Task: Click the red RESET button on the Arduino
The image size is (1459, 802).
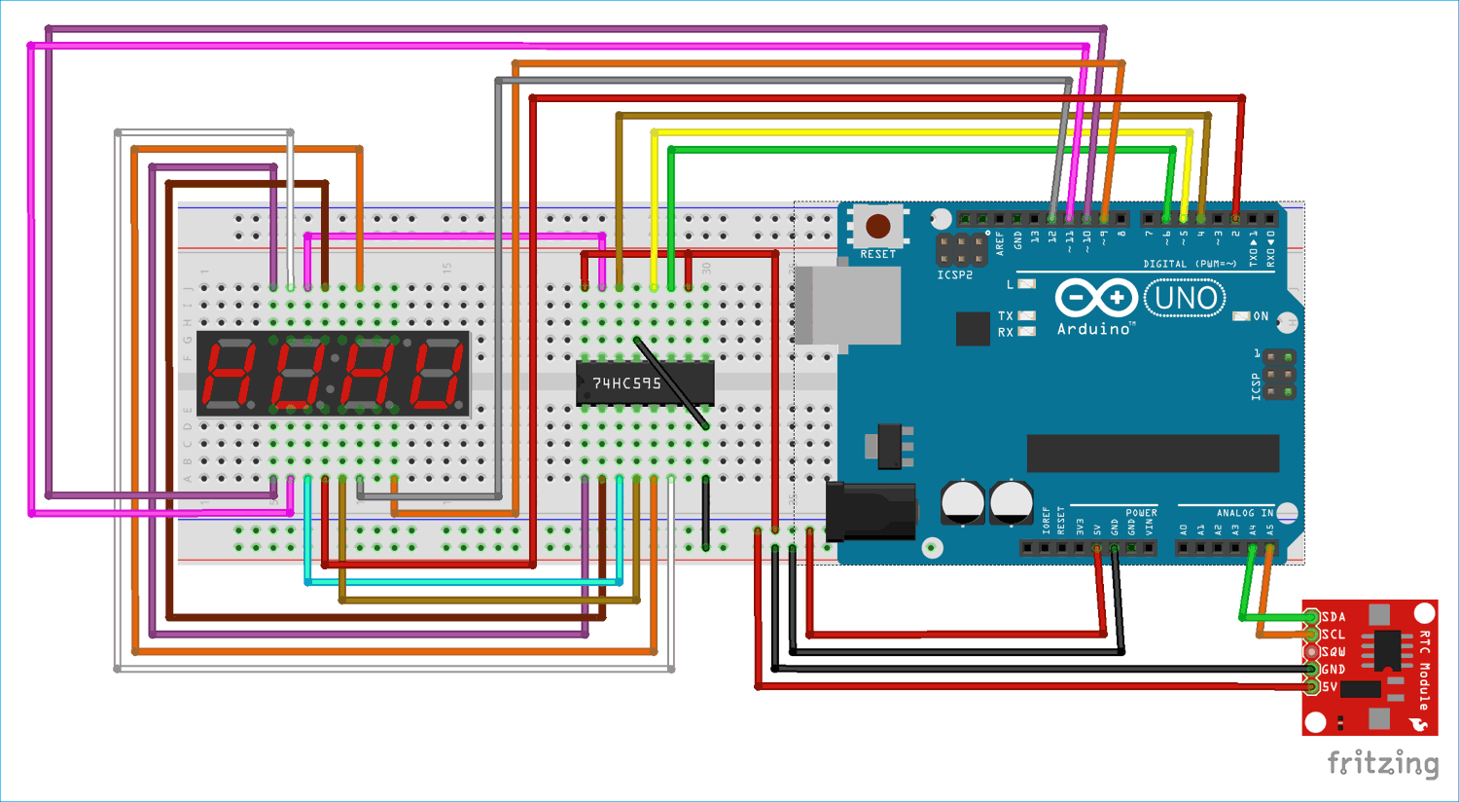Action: point(877,227)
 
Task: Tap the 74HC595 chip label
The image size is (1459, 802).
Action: point(626,383)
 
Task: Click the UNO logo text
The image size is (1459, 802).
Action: point(1185,298)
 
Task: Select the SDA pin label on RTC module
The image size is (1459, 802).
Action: point(1334,617)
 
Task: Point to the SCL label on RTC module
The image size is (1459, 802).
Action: point(1334,635)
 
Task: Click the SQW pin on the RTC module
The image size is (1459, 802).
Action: point(1312,652)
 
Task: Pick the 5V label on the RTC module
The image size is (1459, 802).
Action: point(1330,687)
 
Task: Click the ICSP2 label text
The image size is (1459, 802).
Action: point(954,275)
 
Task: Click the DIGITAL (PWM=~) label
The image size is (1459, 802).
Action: point(1189,264)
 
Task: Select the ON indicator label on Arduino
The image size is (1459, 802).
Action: point(1261,316)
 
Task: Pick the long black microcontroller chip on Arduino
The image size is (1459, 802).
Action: point(1153,453)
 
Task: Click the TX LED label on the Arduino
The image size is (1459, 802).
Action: point(1005,316)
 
